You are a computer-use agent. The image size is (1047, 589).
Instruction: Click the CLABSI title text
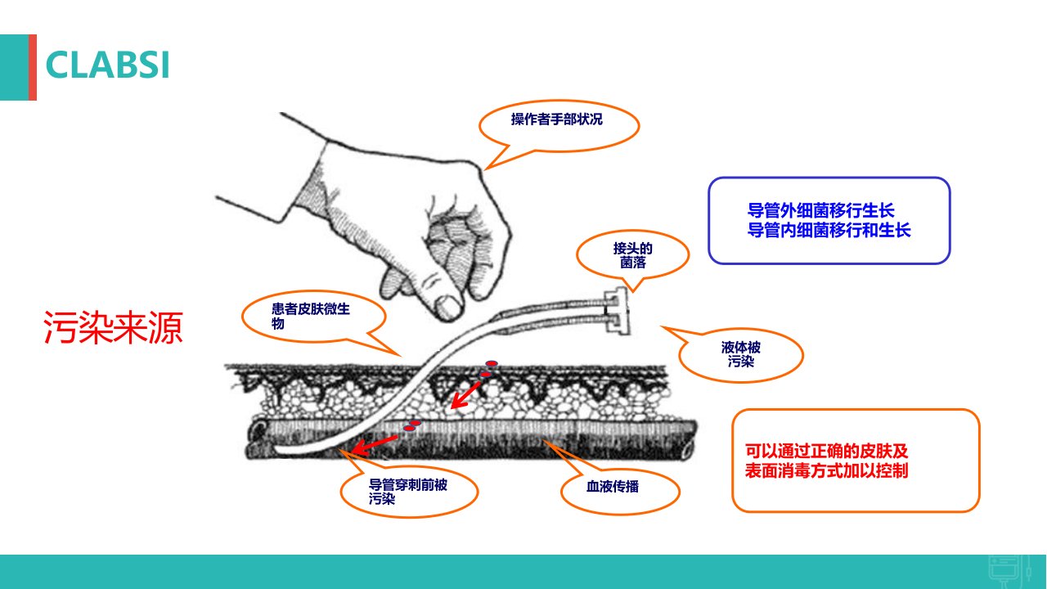107,65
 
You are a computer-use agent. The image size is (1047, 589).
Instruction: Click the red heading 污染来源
113,328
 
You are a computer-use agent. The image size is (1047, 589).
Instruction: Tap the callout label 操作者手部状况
556,119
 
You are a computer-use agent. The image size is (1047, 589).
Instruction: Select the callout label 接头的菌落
632,255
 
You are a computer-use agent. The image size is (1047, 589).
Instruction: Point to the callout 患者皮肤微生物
310,316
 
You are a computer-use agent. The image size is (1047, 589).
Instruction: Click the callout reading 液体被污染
741,354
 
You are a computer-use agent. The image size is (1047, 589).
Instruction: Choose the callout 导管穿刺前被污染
407,492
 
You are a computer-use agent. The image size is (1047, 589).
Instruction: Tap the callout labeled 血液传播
613,487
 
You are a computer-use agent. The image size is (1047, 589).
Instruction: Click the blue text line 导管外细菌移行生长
820,211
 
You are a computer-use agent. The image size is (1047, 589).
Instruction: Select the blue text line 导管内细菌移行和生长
829,231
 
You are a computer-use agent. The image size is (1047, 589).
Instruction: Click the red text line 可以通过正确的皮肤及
826,451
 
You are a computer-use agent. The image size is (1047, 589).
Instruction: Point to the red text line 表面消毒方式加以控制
826,470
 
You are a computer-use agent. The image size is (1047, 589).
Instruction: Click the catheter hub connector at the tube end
616,311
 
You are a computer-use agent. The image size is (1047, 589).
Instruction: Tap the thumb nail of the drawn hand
447,307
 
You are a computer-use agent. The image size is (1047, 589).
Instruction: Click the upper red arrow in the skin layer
465,395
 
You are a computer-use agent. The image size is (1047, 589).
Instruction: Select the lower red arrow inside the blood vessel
375,444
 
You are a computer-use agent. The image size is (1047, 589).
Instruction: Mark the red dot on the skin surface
492,363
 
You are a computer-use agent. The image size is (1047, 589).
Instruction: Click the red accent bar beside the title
33,67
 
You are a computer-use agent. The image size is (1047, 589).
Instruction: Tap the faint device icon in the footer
1009,572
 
